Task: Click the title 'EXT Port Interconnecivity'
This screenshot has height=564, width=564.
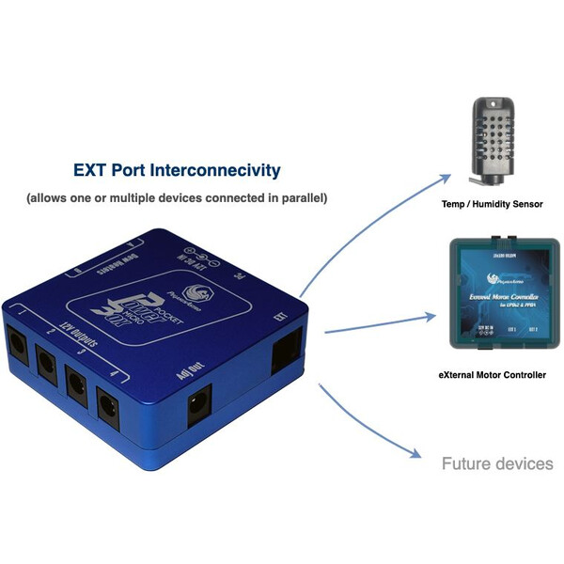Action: [177, 170]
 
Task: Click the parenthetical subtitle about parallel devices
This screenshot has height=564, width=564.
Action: [177, 198]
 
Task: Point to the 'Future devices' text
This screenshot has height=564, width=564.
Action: [498, 463]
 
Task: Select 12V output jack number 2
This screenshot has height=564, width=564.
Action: [45, 357]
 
